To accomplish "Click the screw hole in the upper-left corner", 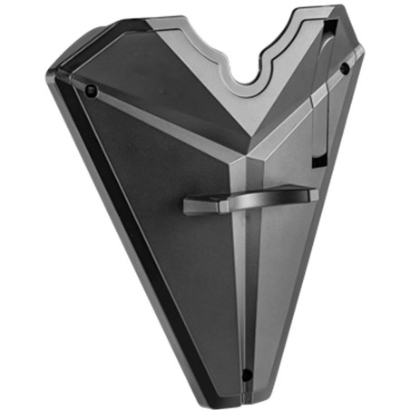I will click(91, 90).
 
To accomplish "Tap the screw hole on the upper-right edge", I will click(345, 68).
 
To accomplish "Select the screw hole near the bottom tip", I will click(246, 373).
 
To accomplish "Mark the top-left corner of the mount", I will click(54, 77).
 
